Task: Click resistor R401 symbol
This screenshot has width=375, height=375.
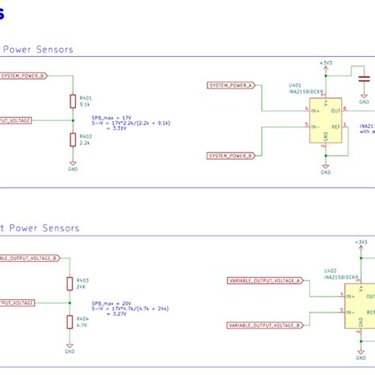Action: [73, 100]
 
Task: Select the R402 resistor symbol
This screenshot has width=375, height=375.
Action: [73, 140]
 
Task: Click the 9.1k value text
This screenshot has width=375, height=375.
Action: [85, 104]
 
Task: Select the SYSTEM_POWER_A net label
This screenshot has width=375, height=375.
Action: [232, 85]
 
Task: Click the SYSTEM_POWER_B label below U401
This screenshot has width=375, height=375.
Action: [232, 156]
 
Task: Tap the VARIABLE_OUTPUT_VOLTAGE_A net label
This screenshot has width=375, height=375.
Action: [264, 280]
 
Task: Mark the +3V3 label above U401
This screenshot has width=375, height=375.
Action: [325, 62]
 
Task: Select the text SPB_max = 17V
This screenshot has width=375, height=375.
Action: [112, 117]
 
